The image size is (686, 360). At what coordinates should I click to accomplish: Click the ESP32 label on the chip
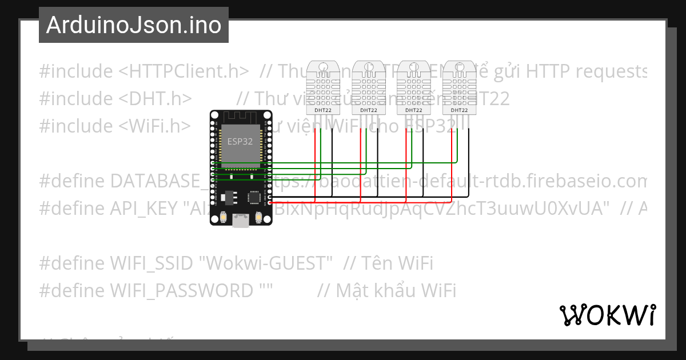[x=240, y=142]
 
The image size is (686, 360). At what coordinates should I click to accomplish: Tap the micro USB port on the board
[x=240, y=221]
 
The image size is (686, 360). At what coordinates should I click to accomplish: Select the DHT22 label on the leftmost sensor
[x=322, y=110]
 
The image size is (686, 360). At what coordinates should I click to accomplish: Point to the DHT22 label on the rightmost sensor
[x=458, y=110]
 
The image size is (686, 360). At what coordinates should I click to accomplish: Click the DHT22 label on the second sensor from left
[x=368, y=110]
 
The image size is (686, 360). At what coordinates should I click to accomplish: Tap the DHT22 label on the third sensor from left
[x=413, y=110]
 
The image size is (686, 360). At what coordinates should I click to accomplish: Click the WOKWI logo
[x=607, y=315]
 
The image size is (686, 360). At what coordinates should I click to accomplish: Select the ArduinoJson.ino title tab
[x=134, y=25]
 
